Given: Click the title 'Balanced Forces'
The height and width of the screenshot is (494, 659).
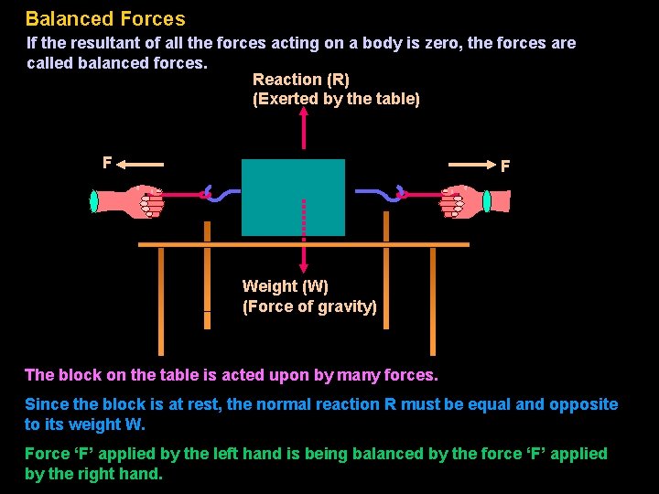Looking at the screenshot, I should click(x=105, y=18).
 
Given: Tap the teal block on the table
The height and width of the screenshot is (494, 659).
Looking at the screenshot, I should click(x=293, y=197).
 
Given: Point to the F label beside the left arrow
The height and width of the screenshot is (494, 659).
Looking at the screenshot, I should click(x=107, y=163).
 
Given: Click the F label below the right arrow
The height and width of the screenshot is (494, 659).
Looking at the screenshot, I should click(x=505, y=166).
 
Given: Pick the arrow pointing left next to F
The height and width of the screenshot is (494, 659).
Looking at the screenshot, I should click(x=141, y=165).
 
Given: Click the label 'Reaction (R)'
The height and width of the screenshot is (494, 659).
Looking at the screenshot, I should click(x=301, y=80).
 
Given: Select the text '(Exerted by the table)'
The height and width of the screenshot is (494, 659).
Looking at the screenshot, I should click(x=336, y=99).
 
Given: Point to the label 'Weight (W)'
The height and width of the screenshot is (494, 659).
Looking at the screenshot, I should click(x=285, y=286).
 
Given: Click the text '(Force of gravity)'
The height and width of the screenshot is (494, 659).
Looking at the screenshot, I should click(x=309, y=306).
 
